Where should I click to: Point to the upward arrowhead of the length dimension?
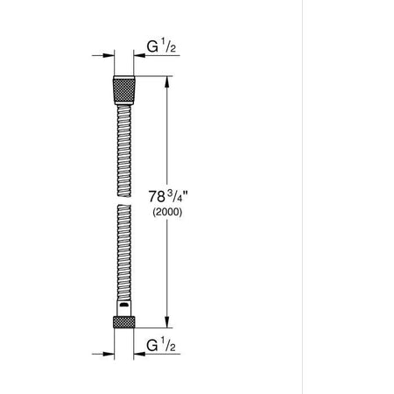point(166,81)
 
